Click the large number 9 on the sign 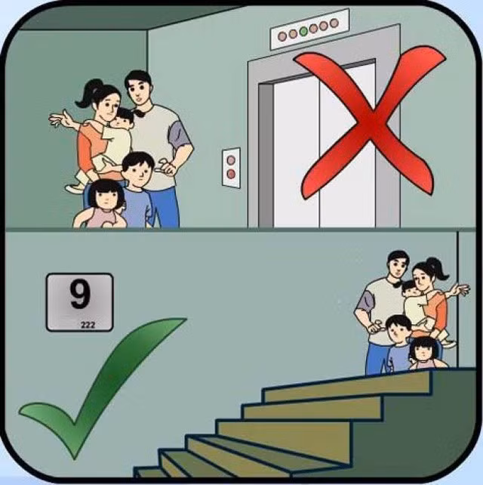click(80, 294)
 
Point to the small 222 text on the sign click(88, 325)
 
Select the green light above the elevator click(303, 30)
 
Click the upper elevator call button click(231, 160)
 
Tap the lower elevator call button click(231, 175)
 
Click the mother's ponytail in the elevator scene click(88, 92)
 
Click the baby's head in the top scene click(123, 117)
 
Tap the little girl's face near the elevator click(106, 197)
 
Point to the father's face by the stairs click(398, 267)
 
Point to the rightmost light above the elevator click(334, 23)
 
